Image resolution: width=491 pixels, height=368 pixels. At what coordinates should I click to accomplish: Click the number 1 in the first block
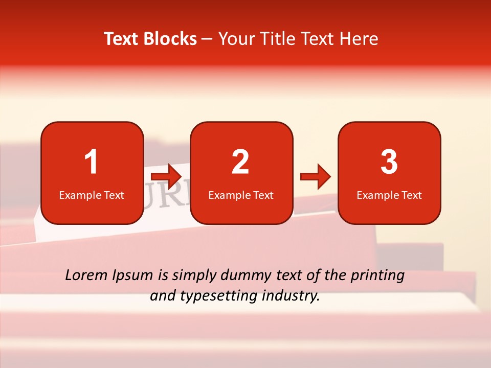click(92, 162)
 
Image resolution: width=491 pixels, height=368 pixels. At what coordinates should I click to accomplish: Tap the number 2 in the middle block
click(240, 162)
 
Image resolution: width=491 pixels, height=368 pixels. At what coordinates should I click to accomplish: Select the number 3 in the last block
click(389, 162)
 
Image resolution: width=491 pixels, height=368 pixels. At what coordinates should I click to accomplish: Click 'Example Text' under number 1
click(92, 195)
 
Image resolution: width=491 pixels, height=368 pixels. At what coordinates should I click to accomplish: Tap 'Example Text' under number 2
click(241, 195)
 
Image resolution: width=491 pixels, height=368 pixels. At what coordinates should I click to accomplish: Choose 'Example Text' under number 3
click(389, 195)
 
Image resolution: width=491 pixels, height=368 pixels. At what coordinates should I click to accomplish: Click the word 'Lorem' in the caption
click(86, 275)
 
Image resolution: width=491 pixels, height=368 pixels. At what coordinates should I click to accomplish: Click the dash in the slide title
click(207, 39)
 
